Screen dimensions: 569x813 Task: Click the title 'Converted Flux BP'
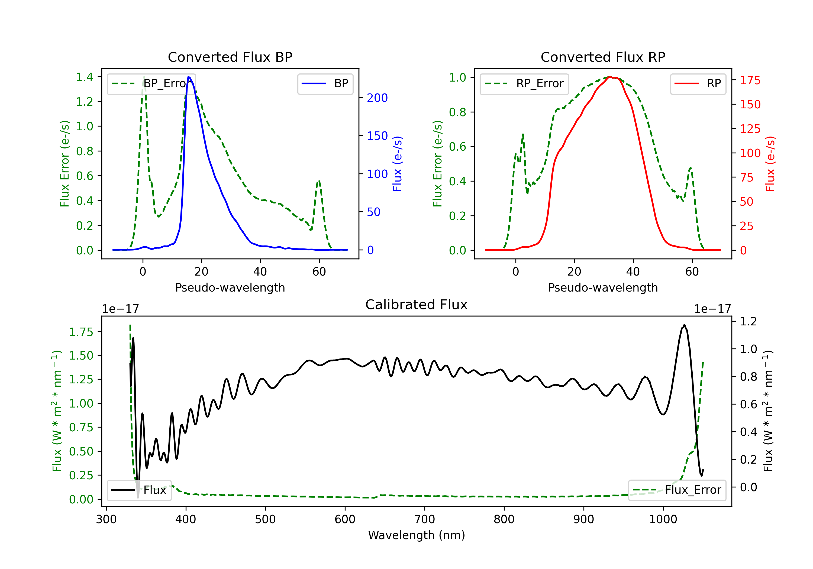pos(230,57)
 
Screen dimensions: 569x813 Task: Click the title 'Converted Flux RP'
pos(603,57)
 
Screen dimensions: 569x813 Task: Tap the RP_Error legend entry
pos(524,83)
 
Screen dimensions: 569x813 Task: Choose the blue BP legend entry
pos(325,83)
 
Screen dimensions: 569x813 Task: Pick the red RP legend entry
pos(698,83)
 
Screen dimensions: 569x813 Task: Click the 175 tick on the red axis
pos(750,80)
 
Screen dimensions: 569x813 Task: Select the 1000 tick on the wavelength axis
pos(663,519)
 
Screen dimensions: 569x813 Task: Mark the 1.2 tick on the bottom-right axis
pos(748,321)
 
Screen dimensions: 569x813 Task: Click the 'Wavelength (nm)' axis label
pos(417,535)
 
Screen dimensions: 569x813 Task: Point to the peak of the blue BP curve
pos(189,77)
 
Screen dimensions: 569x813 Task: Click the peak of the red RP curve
pos(610,77)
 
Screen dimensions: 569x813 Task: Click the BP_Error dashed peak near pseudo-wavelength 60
pos(319,181)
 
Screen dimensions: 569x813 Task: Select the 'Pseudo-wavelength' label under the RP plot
pos(603,287)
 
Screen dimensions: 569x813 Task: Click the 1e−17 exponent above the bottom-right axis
pos(712,309)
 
